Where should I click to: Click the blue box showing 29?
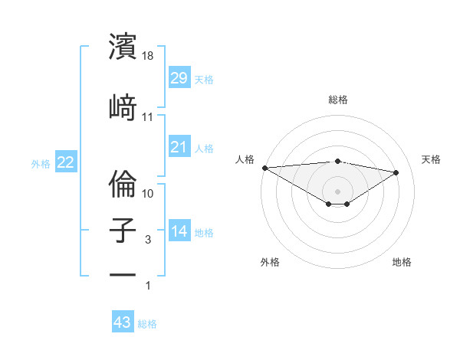click(179, 78)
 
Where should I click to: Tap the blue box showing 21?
click(179, 146)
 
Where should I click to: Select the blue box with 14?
click(179, 231)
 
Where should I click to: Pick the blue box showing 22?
click(65, 162)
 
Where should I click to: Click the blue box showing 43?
click(122, 322)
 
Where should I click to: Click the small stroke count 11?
click(148, 117)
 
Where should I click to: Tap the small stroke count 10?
click(148, 194)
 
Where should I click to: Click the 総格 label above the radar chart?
click(337, 100)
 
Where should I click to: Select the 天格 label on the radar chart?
click(431, 159)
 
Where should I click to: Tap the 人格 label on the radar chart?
click(244, 159)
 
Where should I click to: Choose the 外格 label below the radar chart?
click(270, 263)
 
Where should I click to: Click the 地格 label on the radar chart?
click(402, 263)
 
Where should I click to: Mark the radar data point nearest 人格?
click(264, 168)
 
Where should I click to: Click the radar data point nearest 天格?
click(396, 172)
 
